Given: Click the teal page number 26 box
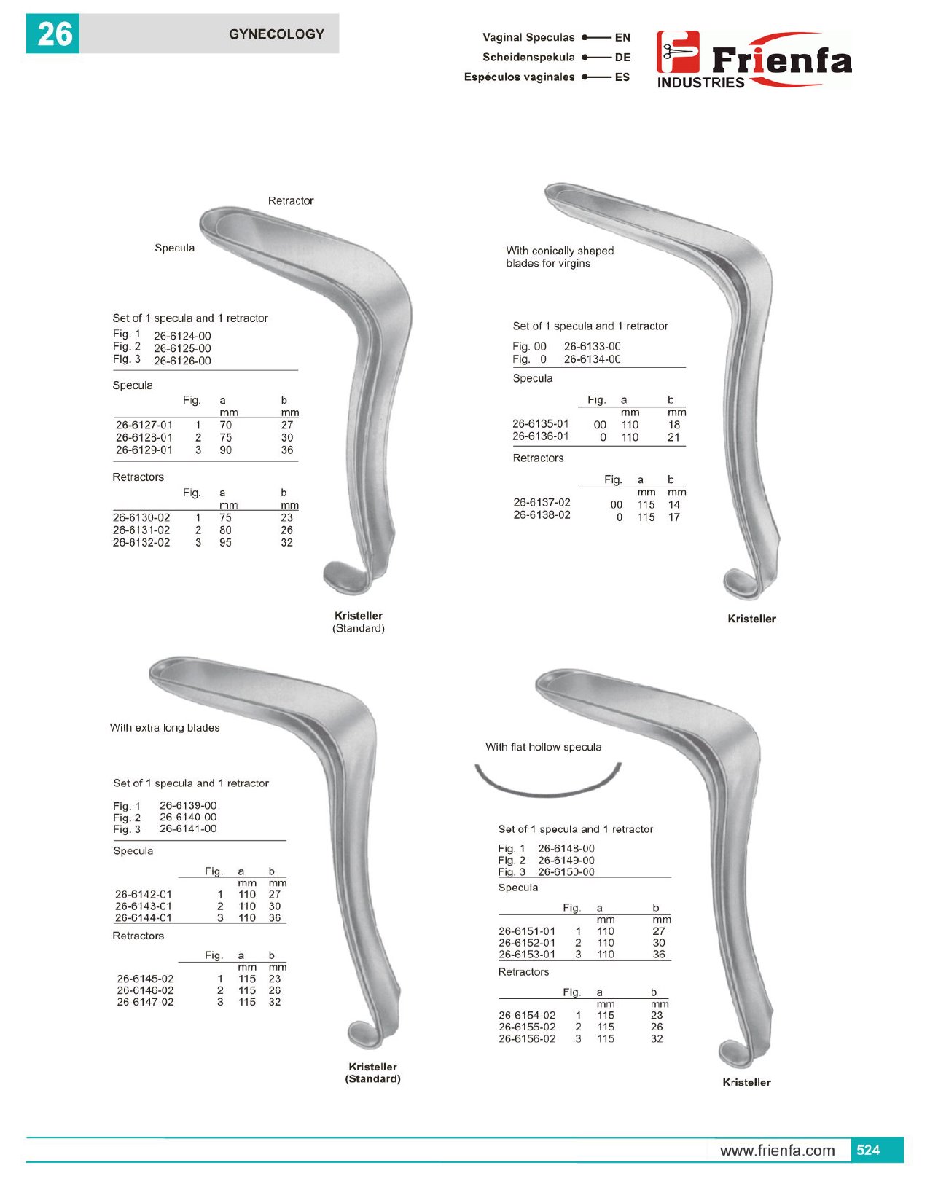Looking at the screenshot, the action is (x=52, y=34).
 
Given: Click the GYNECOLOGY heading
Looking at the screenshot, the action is (x=276, y=34).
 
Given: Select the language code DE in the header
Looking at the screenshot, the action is (x=622, y=58).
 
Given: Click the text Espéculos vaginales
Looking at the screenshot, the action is (x=519, y=77).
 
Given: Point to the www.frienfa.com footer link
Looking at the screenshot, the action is (x=777, y=1151).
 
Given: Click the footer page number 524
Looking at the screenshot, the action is (x=868, y=1150).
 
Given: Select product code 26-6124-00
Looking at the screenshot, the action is (x=182, y=336).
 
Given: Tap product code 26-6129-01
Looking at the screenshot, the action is (x=144, y=450).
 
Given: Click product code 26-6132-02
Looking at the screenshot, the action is (x=141, y=542).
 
